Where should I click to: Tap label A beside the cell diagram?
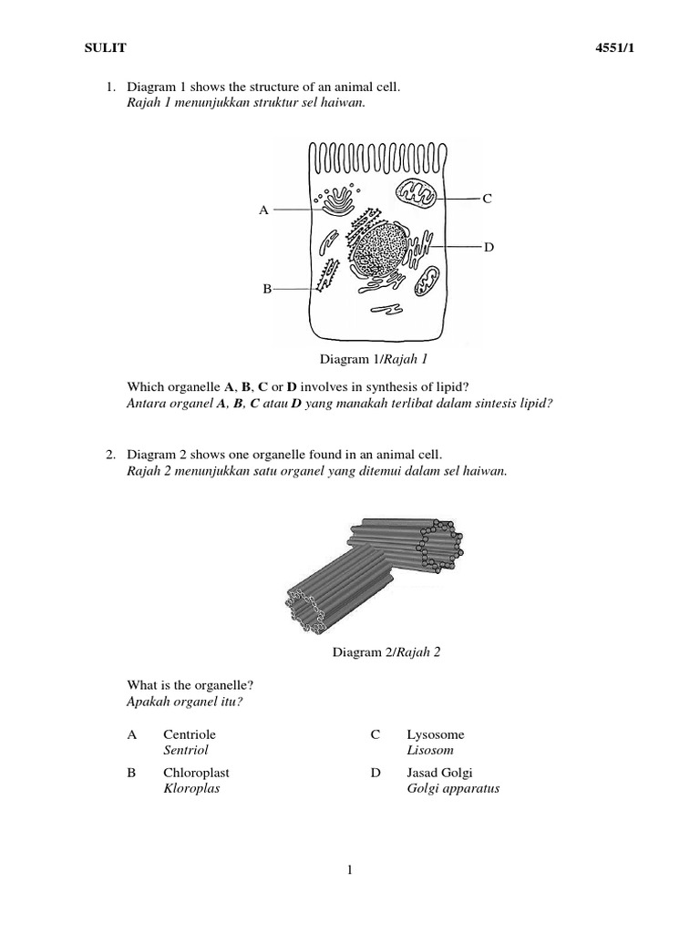click(x=263, y=210)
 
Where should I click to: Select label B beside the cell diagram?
click(x=267, y=289)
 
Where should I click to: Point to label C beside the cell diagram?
click(x=488, y=198)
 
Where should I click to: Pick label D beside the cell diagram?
click(x=489, y=247)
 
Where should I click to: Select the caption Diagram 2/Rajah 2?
click(x=386, y=652)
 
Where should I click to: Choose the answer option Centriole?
click(x=190, y=734)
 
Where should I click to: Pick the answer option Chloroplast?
click(x=195, y=773)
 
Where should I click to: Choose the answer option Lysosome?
click(x=436, y=734)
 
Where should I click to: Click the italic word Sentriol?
click(x=186, y=750)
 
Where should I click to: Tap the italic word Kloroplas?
click(x=191, y=789)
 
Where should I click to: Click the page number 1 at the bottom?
click(x=350, y=870)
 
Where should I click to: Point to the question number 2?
click(x=109, y=454)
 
